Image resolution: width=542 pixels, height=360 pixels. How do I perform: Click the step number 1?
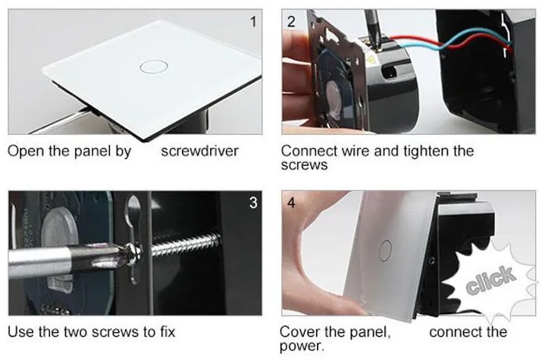(x=253, y=22)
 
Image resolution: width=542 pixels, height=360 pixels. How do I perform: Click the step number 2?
(x=291, y=22)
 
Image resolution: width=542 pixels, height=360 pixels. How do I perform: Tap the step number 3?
(x=253, y=203)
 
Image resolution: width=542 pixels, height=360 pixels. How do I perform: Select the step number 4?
(x=291, y=203)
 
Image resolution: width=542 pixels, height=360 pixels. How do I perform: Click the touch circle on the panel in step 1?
(x=154, y=67)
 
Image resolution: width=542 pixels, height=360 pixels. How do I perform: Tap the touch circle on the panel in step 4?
(x=385, y=251)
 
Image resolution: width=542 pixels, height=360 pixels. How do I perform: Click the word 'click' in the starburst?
(x=491, y=280)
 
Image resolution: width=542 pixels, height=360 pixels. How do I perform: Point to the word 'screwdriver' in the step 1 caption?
(x=200, y=152)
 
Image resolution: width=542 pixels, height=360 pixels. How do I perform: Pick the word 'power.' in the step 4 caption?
(x=302, y=346)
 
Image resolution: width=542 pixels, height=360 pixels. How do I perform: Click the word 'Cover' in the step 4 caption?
(x=299, y=332)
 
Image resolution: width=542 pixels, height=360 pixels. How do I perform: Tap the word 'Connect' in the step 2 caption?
(x=309, y=152)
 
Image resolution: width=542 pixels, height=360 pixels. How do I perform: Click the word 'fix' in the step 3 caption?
(x=168, y=332)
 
